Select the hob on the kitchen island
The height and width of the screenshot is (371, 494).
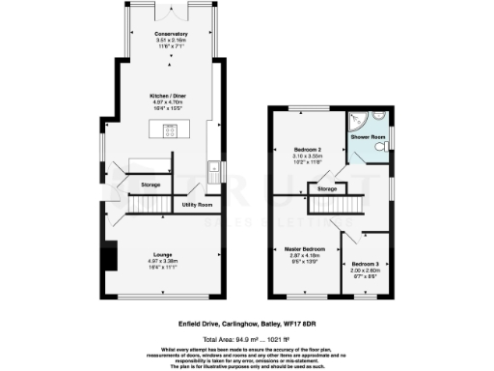tap(171, 131)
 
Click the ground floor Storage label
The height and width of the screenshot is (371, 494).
tap(150, 184)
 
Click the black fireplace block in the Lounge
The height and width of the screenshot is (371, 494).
tap(111, 257)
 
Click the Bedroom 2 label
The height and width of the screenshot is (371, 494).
tap(308, 149)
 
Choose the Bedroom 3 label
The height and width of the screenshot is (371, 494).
tap(365, 264)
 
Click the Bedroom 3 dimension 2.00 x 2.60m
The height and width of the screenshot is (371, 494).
tap(365, 271)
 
